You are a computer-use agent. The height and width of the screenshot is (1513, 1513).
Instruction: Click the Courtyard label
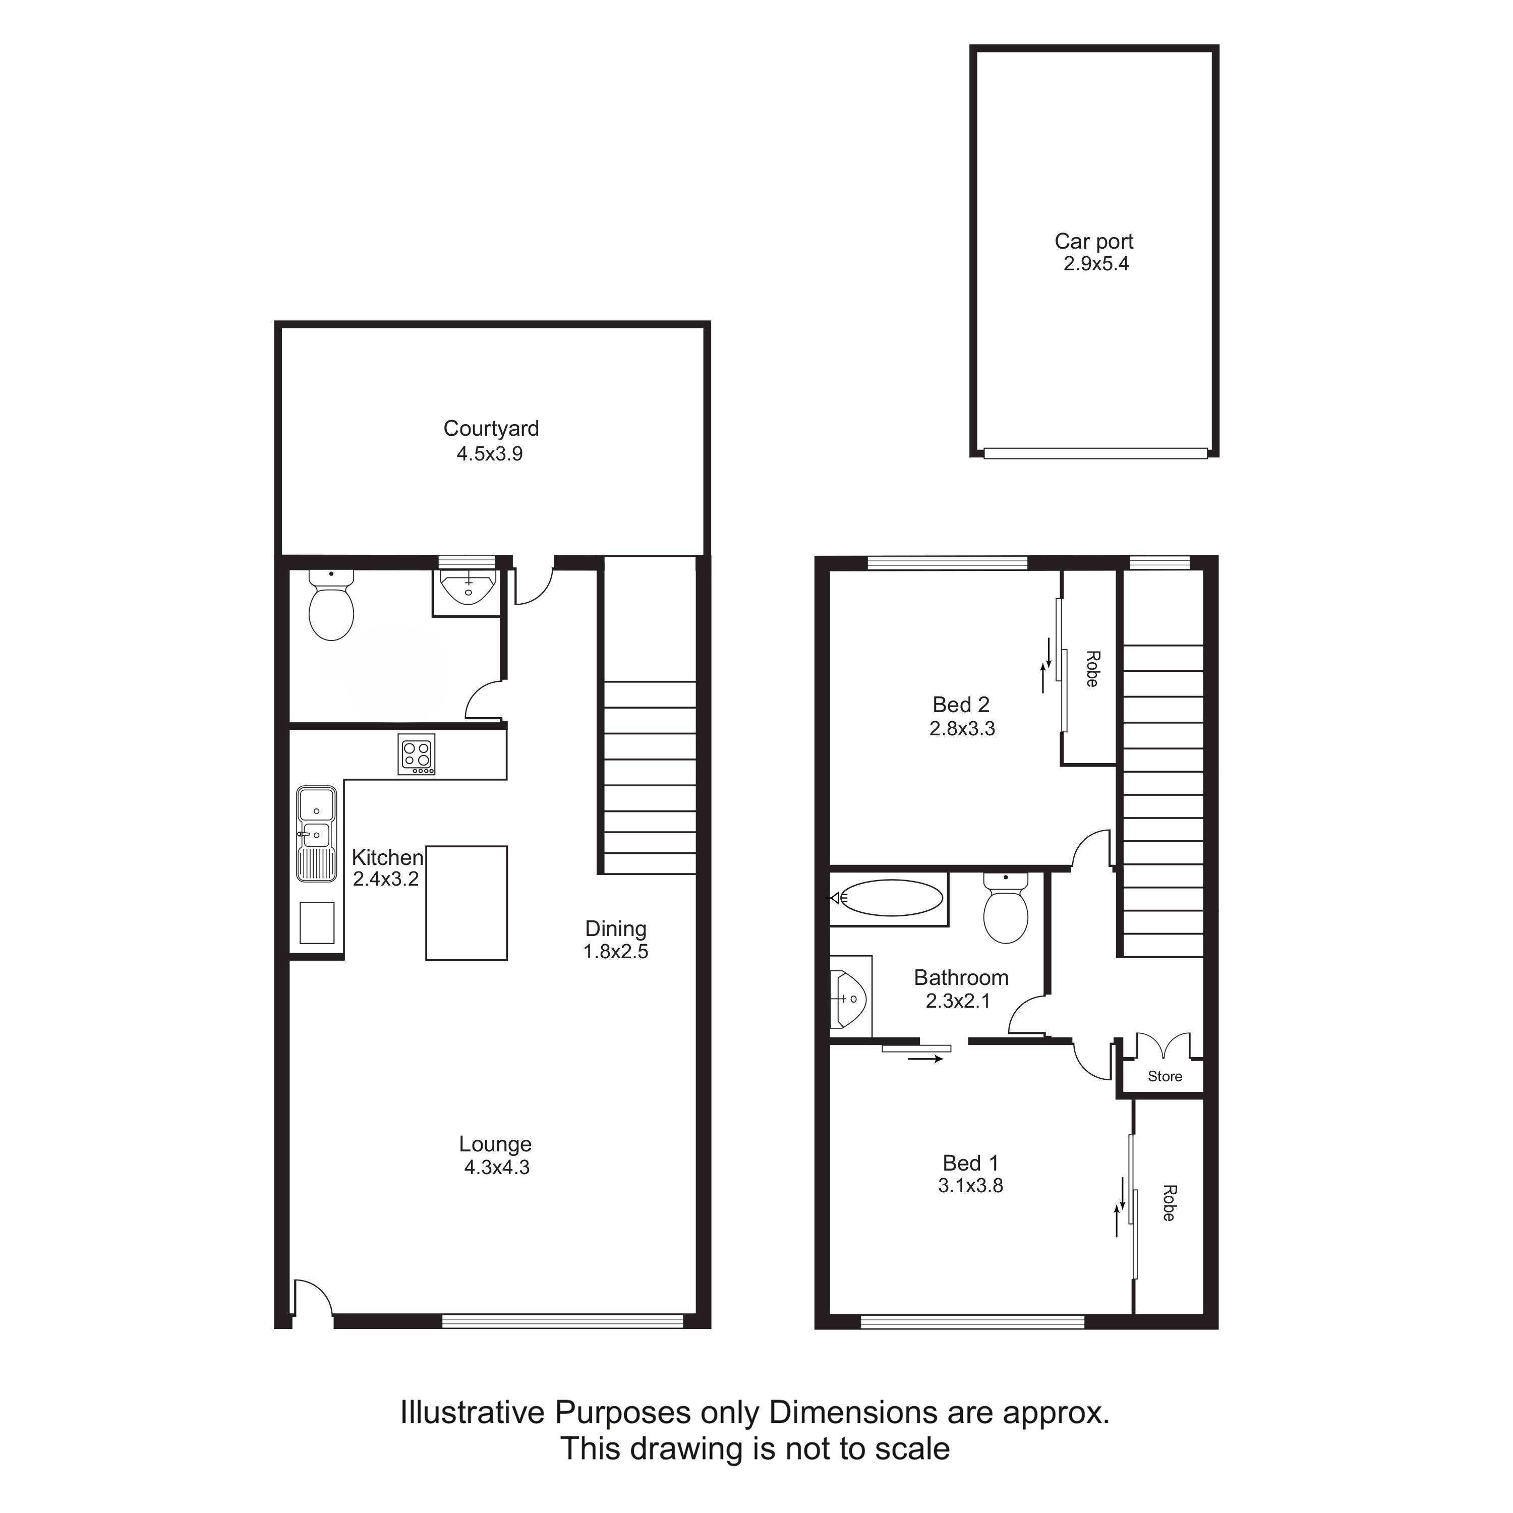[x=491, y=428]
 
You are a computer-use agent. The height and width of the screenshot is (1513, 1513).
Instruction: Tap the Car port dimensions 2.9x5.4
[x=1095, y=264]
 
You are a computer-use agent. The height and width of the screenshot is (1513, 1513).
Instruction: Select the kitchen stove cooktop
[x=417, y=754]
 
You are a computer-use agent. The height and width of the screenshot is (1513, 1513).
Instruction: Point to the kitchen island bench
[x=467, y=903]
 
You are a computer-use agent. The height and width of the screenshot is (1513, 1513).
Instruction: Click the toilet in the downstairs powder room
[x=331, y=605]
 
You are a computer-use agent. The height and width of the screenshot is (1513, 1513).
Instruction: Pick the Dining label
[x=615, y=929]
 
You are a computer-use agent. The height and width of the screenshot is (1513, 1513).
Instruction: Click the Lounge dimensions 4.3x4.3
[x=496, y=1168]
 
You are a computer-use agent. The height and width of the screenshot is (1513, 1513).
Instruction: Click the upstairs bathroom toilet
[x=1006, y=908]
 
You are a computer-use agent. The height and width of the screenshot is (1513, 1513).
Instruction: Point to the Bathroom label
[x=961, y=977]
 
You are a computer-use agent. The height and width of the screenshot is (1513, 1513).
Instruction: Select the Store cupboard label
[x=1165, y=1076]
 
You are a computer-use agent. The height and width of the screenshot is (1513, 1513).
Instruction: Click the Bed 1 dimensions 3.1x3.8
[x=970, y=1186]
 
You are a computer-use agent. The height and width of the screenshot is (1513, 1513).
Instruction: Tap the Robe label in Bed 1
[x=1169, y=1203]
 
